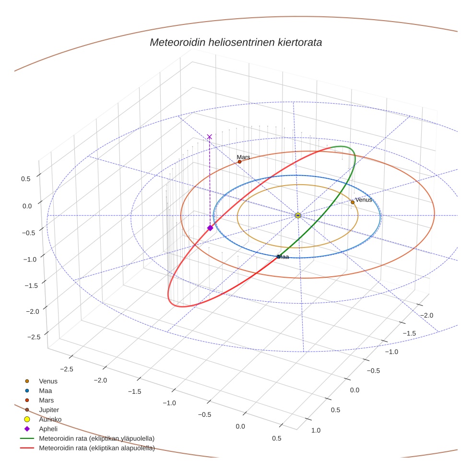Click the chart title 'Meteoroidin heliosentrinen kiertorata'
pos(236,42)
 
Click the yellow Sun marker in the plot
pos(298,215)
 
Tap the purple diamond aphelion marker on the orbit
pos(210,228)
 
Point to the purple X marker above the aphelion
pos(209,137)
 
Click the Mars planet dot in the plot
pos(239,162)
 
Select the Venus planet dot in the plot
pos(353,202)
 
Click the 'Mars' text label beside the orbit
pos(243,157)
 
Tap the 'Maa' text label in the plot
pos(283,257)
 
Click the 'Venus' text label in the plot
pos(364,200)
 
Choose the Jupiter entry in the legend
pos(49,410)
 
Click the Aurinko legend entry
pos(50,419)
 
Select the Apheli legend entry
pos(48,429)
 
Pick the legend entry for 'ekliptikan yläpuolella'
pos(96,438)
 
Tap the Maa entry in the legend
pos(46,390)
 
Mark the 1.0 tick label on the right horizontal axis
pos(316,430)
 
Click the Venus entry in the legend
pos(48,381)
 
